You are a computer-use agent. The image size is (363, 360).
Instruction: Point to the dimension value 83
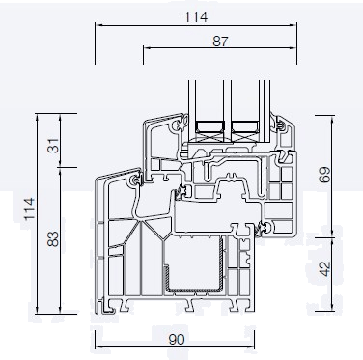point(52,237)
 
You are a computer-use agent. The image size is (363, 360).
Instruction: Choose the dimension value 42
point(324,269)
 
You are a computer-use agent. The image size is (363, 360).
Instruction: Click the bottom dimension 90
point(177,341)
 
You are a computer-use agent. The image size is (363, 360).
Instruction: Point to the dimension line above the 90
point(176,330)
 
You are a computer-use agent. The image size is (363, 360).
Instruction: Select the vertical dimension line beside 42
point(334,269)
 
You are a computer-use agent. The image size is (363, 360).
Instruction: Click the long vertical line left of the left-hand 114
point(38,212)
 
